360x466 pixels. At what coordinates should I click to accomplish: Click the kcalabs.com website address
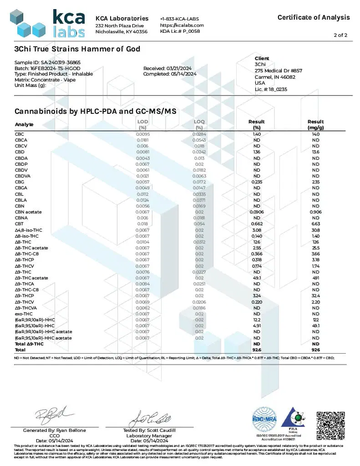point(182,25)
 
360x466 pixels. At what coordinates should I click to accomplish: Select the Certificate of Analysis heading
point(314,17)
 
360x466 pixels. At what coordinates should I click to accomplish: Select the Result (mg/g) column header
point(315,124)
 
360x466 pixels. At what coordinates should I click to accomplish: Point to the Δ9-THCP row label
point(25,296)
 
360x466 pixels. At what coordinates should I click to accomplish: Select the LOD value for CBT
point(142,223)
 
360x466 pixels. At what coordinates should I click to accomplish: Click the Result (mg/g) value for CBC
point(315,134)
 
